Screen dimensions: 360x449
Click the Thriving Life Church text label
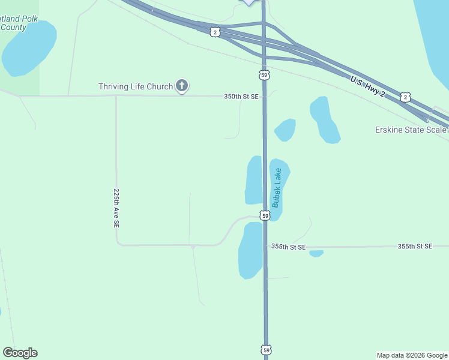[136, 87]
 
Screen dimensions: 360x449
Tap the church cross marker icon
[182, 86]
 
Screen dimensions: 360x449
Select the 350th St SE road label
[241, 96]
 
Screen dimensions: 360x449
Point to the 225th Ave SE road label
[116, 208]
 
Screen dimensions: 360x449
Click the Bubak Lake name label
[277, 188]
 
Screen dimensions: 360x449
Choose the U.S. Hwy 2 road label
[367, 86]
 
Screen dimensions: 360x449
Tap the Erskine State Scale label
[411, 130]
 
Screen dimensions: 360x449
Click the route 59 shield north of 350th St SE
[265, 74]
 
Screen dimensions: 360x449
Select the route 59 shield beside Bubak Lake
[265, 215]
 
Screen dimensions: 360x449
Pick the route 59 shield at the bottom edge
[266, 349]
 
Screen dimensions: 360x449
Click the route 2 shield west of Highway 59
[215, 32]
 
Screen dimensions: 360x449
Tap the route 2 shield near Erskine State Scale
[406, 97]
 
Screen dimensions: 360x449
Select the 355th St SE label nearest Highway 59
[288, 247]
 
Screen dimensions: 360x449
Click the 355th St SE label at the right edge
[415, 247]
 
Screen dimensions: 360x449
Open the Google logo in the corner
[20, 353]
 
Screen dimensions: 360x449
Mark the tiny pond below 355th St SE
[316, 254]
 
